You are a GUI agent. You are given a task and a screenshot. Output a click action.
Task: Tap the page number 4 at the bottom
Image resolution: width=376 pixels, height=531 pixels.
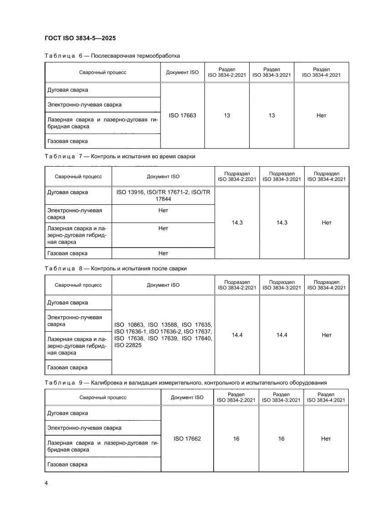pyautogui.click(x=46, y=483)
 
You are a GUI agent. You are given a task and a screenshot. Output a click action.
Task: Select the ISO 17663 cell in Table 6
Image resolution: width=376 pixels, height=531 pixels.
pyautogui.click(x=182, y=116)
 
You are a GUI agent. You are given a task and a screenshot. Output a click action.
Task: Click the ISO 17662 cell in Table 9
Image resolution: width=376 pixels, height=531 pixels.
pyautogui.click(x=187, y=438)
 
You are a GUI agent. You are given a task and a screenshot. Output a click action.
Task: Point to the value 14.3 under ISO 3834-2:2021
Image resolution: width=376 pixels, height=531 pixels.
pyautogui.click(x=237, y=223)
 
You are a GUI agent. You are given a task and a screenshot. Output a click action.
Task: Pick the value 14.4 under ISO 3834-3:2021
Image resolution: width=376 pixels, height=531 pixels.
pyautogui.click(x=281, y=335)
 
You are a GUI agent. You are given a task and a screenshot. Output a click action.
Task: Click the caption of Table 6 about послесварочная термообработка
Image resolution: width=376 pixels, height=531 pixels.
pyautogui.click(x=112, y=56)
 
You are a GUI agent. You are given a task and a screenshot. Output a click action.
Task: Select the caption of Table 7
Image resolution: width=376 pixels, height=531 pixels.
pyautogui.click(x=120, y=156)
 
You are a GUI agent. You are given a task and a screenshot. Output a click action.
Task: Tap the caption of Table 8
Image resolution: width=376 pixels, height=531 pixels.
pyautogui.click(x=115, y=268)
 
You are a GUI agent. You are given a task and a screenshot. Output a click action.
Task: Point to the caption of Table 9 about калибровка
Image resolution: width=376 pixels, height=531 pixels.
pyautogui.click(x=185, y=382)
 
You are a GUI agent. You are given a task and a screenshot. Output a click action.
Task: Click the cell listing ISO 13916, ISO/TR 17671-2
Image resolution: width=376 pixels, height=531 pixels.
pyautogui.click(x=163, y=195)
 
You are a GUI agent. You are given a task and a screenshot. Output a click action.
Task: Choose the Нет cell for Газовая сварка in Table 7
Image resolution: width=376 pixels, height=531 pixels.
pyautogui.click(x=163, y=253)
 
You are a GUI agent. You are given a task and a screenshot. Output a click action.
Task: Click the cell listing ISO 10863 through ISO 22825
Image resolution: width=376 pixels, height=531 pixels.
pyautogui.click(x=163, y=335)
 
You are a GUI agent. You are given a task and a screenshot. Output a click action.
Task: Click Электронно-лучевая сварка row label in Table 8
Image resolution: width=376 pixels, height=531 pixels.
pyautogui.click(x=75, y=321)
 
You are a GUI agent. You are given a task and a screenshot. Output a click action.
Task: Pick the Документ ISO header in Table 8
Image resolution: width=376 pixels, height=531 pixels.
pyautogui.click(x=163, y=285)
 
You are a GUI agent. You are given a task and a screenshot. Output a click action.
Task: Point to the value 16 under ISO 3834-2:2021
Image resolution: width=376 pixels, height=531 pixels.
pyautogui.click(x=236, y=438)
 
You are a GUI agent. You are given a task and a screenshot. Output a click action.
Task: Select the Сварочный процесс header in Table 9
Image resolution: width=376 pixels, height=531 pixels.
pyautogui.click(x=103, y=397)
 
